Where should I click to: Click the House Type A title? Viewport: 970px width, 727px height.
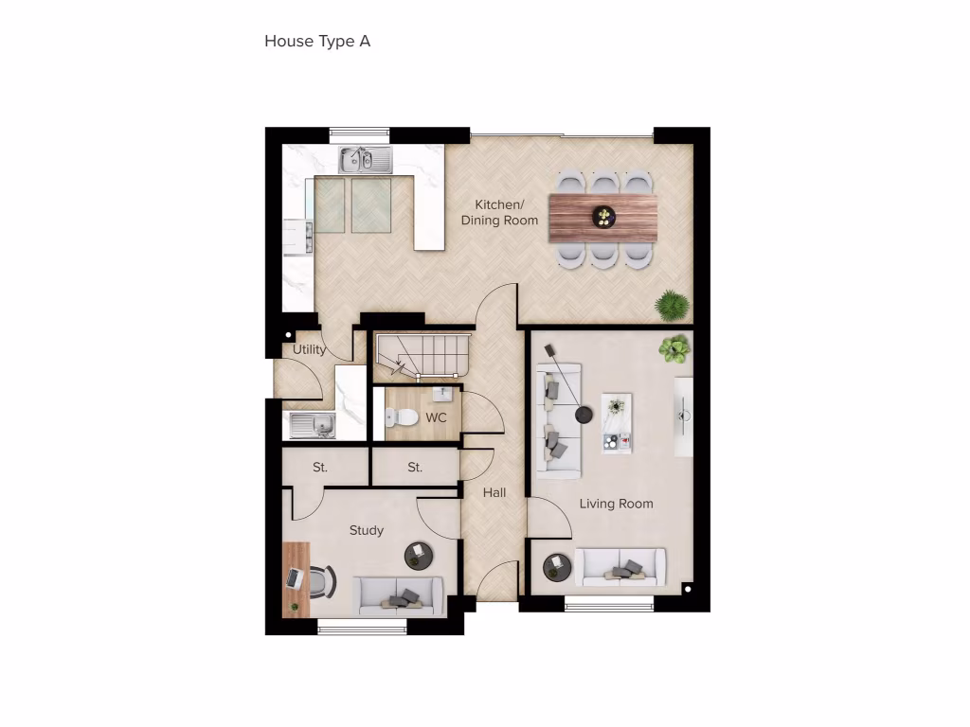(x=317, y=42)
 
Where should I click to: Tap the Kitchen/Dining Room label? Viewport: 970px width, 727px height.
(x=499, y=213)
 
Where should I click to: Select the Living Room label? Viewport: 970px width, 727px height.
(x=616, y=504)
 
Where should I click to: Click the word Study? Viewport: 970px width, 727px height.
(x=366, y=530)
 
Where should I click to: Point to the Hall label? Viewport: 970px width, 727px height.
(x=494, y=492)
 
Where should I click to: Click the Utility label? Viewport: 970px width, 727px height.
(x=309, y=349)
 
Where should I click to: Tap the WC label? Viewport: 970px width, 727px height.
(x=436, y=417)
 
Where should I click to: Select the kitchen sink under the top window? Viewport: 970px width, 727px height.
(x=366, y=159)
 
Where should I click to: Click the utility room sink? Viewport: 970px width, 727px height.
(x=312, y=426)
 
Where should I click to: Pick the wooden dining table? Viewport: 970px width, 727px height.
(x=603, y=217)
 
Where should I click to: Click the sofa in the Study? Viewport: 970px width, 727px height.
(x=399, y=595)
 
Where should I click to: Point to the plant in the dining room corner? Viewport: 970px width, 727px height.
(x=672, y=305)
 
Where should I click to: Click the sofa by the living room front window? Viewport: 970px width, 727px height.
(x=620, y=567)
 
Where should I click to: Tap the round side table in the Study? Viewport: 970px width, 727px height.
(x=418, y=555)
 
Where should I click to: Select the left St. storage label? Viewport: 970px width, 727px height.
(x=320, y=468)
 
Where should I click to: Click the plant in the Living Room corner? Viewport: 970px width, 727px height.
(x=674, y=348)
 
